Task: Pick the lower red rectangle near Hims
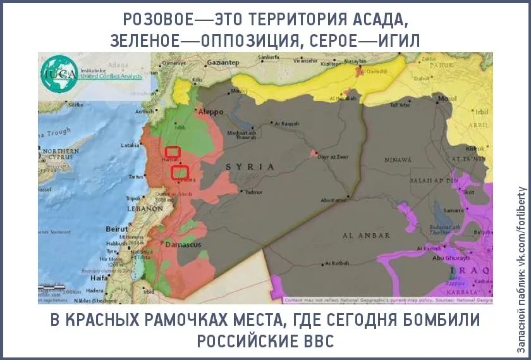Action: [180, 171]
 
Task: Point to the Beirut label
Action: [117, 228]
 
